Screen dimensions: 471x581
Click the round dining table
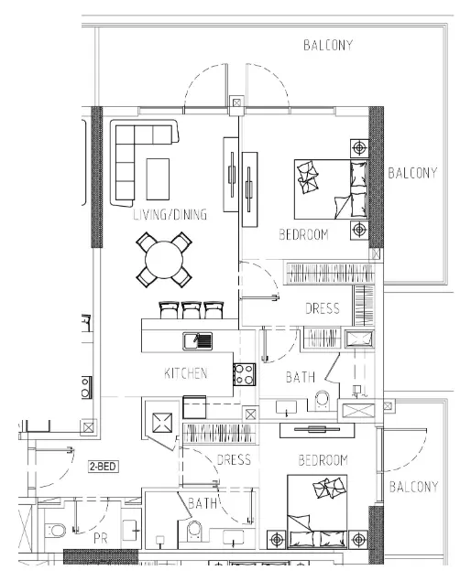pyautogui.click(x=164, y=260)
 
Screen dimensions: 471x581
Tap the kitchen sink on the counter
pyautogui.click(x=197, y=341)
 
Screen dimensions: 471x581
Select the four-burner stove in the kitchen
pyautogui.click(x=245, y=374)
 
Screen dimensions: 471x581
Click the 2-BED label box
pyautogui.click(x=104, y=466)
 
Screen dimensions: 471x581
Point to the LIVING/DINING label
pyautogui.click(x=170, y=214)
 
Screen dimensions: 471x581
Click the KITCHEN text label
pyautogui.click(x=186, y=373)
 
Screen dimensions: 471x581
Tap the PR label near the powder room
pyautogui.click(x=101, y=538)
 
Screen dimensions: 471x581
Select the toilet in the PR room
pyautogui.click(x=55, y=531)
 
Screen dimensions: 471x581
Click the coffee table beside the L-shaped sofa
pyautogui.click(x=158, y=179)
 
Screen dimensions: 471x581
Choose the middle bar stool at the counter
pyautogui.click(x=192, y=310)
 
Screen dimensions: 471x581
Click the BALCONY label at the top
pyautogui.click(x=328, y=45)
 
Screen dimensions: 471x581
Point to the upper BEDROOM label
pyautogui.click(x=303, y=234)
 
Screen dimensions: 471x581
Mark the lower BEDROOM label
pyautogui.click(x=323, y=460)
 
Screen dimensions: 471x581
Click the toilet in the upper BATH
pyautogui.click(x=322, y=401)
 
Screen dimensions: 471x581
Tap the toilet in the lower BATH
pyautogui.click(x=194, y=532)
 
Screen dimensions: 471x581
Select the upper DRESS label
pyautogui.click(x=323, y=308)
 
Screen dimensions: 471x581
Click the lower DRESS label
pyautogui.click(x=234, y=460)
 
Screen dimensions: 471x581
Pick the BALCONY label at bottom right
pyautogui.click(x=414, y=487)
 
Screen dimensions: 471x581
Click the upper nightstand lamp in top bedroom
pyautogui.click(x=359, y=148)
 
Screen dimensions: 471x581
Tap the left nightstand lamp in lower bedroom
pyautogui.click(x=277, y=540)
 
